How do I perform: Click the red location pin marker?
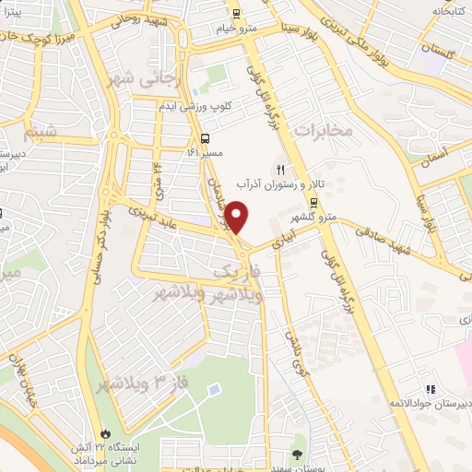click(x=237, y=218)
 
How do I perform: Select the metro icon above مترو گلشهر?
click(x=314, y=204)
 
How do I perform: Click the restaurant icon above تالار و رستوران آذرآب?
click(x=280, y=170)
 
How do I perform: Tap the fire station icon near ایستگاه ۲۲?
click(x=105, y=432)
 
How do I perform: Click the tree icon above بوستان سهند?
click(x=296, y=454)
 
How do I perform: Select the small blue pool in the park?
click(x=214, y=390)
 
